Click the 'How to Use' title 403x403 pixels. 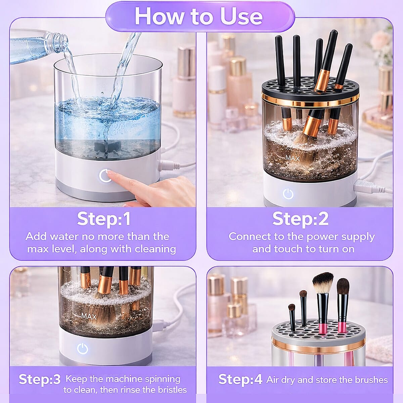pos(199,16)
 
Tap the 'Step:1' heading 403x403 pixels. pos(104,219)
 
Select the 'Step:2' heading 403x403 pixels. pos(301,219)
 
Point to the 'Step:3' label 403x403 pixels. pos(40,379)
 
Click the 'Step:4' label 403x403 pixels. pos(240,380)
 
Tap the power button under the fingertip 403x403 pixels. pos(105,176)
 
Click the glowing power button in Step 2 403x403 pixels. pos(288,194)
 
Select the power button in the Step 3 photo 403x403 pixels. pos(83,349)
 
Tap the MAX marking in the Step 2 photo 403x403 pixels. pos(292,158)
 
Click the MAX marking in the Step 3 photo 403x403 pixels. pos(88,316)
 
